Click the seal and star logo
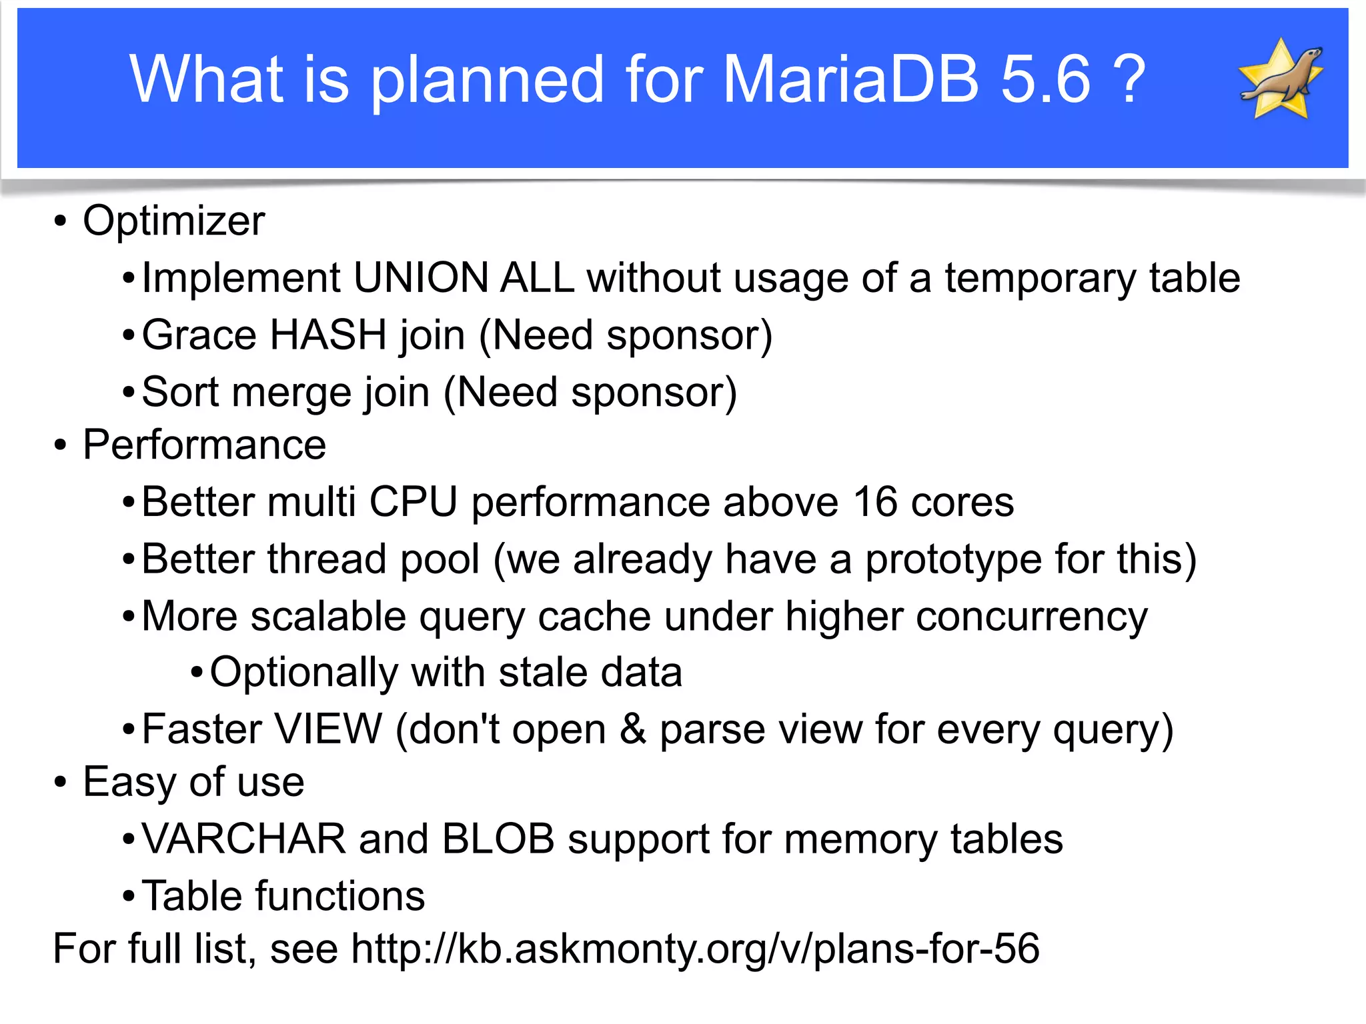click(x=1281, y=79)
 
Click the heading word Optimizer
click(x=173, y=221)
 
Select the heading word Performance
click(x=204, y=445)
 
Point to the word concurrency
click(x=1031, y=617)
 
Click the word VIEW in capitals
click(x=328, y=729)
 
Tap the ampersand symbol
click(x=632, y=729)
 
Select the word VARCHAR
click(x=244, y=839)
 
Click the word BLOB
click(x=498, y=839)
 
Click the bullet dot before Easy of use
click(x=61, y=782)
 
